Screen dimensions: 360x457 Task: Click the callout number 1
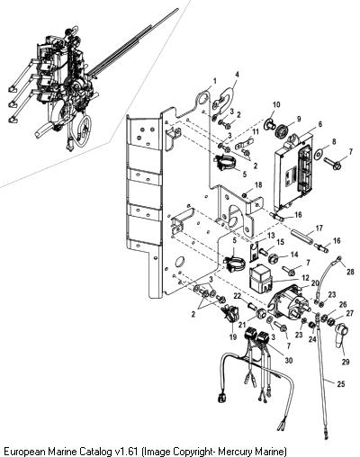[x=214, y=81]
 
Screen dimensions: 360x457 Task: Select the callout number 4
[x=237, y=75]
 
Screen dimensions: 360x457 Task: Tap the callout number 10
[x=276, y=104]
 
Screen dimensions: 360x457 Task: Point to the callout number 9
[x=299, y=119]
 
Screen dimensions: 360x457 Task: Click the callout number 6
[x=320, y=124]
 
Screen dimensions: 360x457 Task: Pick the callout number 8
[x=334, y=141]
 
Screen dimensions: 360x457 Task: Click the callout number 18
[x=258, y=184]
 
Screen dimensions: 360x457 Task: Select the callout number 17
[x=319, y=228]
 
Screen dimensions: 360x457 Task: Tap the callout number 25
[x=341, y=383]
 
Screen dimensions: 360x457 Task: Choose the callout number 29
[x=346, y=362]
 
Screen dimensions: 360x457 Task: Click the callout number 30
[x=289, y=360]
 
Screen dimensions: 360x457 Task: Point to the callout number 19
[x=233, y=337]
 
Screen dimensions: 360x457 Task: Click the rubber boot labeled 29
[x=341, y=336]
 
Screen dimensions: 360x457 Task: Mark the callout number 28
[x=350, y=272]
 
